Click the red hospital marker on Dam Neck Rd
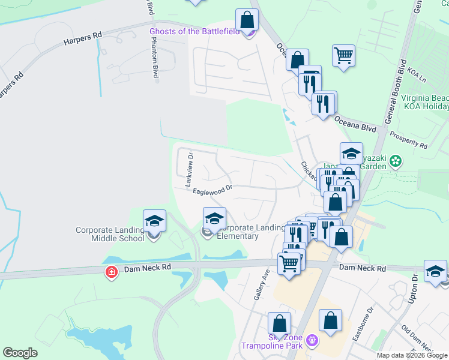[111, 273]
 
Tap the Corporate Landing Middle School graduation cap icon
[154, 221]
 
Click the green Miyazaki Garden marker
[395, 161]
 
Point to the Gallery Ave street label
[261, 285]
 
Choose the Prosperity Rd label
[408, 142]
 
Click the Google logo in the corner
[20, 353]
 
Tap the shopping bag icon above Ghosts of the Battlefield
[247, 20]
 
